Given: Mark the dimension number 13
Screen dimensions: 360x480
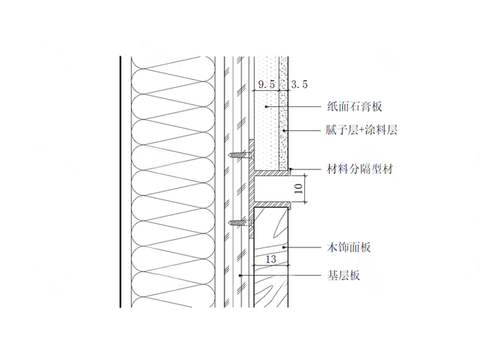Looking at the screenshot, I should tap(270, 259).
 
